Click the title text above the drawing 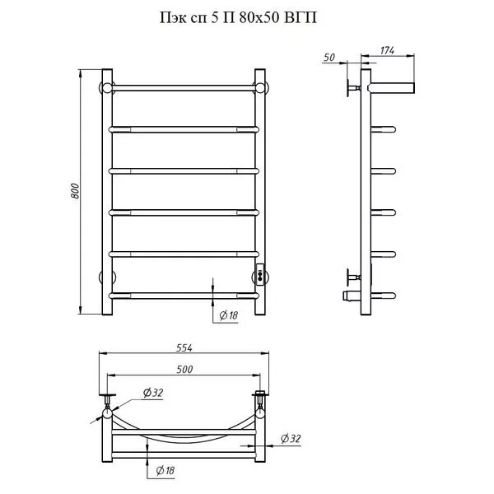coord(238,18)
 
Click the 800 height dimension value coord(75,191)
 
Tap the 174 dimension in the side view coord(387,50)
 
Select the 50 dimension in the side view coord(329,58)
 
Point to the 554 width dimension coord(184,347)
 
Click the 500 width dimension coord(184,369)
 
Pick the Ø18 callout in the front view coord(228,315)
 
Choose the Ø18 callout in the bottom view coord(165,471)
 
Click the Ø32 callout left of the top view coord(153,393)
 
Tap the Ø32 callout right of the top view coord(291,438)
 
